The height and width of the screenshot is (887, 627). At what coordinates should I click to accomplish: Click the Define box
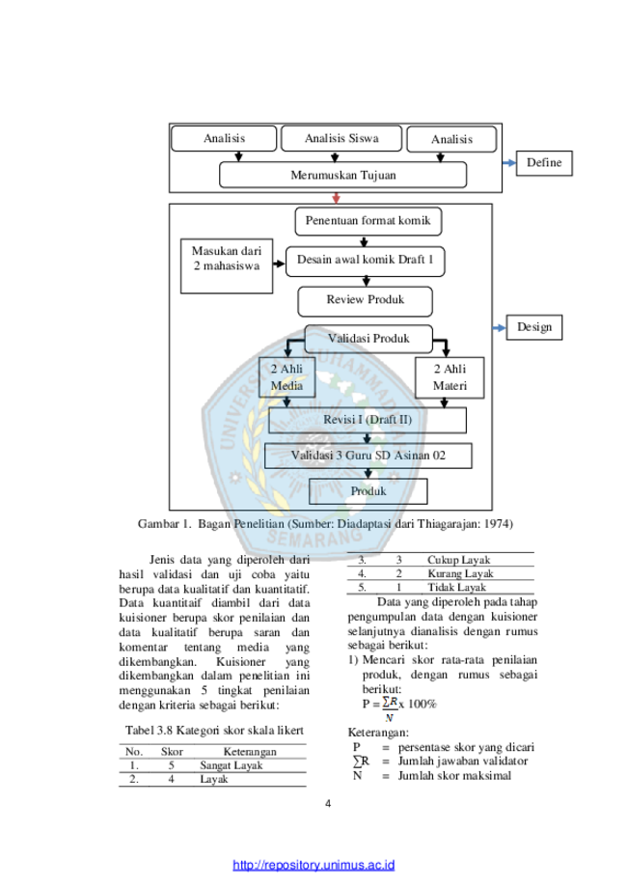pyautogui.click(x=544, y=163)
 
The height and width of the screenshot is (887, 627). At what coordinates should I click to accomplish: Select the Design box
pyautogui.click(x=533, y=327)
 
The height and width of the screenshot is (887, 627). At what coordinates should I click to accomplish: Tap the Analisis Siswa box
pyautogui.click(x=341, y=139)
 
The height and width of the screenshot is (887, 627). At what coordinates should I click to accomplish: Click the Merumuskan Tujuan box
pyautogui.click(x=342, y=175)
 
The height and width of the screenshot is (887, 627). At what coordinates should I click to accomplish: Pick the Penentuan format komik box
pyautogui.click(x=368, y=221)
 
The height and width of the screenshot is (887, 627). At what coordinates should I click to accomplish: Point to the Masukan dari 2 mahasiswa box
pyautogui.click(x=227, y=265)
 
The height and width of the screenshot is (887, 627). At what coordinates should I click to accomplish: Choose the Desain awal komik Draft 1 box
pyautogui.click(x=366, y=262)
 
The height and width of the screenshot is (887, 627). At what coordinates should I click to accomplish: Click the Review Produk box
pyautogui.click(x=366, y=301)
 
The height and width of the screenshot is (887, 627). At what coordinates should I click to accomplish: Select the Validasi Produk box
pyautogui.click(x=368, y=339)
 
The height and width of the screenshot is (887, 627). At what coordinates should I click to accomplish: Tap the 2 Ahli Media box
pyautogui.click(x=286, y=377)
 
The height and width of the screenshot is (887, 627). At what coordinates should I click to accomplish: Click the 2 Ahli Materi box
pyautogui.click(x=450, y=378)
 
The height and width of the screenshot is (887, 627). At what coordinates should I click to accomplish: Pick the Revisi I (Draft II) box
pyautogui.click(x=368, y=420)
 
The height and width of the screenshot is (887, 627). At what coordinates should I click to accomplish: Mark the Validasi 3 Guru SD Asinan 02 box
pyautogui.click(x=368, y=456)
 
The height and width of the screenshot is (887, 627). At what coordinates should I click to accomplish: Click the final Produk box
pyautogui.click(x=368, y=491)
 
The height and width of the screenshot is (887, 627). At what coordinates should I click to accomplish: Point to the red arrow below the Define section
pyautogui.click(x=337, y=198)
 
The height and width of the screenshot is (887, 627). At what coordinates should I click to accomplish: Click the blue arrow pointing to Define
pyautogui.click(x=509, y=163)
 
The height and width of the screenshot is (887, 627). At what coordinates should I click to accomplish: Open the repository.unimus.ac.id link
pyautogui.click(x=313, y=865)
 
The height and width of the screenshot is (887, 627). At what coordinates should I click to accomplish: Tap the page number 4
pyautogui.click(x=328, y=803)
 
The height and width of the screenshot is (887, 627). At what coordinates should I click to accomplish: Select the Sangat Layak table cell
pyautogui.click(x=232, y=765)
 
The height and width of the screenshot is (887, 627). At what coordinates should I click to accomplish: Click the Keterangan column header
pyautogui.click(x=250, y=751)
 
